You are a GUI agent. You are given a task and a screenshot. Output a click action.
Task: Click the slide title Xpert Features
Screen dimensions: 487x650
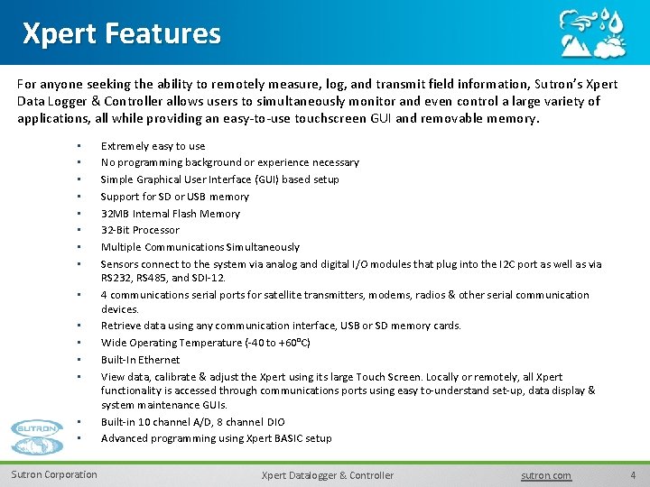(121, 33)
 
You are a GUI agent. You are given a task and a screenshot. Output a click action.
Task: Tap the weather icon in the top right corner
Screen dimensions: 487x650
(592, 34)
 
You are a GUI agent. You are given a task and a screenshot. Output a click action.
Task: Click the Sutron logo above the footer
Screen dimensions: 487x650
(38, 437)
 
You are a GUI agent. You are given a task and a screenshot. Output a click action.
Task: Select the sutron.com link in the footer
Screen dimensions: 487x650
(546, 475)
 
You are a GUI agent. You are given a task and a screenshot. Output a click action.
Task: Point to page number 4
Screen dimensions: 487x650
(633, 475)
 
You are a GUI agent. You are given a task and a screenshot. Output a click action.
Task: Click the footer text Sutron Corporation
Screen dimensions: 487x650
(54, 474)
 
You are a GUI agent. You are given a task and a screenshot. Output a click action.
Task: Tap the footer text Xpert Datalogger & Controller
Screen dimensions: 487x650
(327, 475)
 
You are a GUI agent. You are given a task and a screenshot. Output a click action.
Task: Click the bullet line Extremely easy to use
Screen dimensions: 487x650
(153, 146)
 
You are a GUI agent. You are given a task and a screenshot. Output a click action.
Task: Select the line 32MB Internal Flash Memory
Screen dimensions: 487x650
(170, 214)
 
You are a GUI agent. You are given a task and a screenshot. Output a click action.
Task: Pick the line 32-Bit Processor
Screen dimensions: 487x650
(140, 230)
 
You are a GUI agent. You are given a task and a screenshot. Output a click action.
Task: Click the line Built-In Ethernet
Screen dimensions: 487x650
(140, 360)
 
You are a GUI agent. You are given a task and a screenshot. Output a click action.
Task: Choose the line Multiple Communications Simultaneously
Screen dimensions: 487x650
(200, 247)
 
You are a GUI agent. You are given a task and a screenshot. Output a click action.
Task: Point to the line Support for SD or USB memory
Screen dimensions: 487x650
(174, 197)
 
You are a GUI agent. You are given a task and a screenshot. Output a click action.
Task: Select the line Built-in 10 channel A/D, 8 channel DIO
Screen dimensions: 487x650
(192, 422)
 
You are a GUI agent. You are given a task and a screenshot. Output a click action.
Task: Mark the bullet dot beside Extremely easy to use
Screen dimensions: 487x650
(79, 146)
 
